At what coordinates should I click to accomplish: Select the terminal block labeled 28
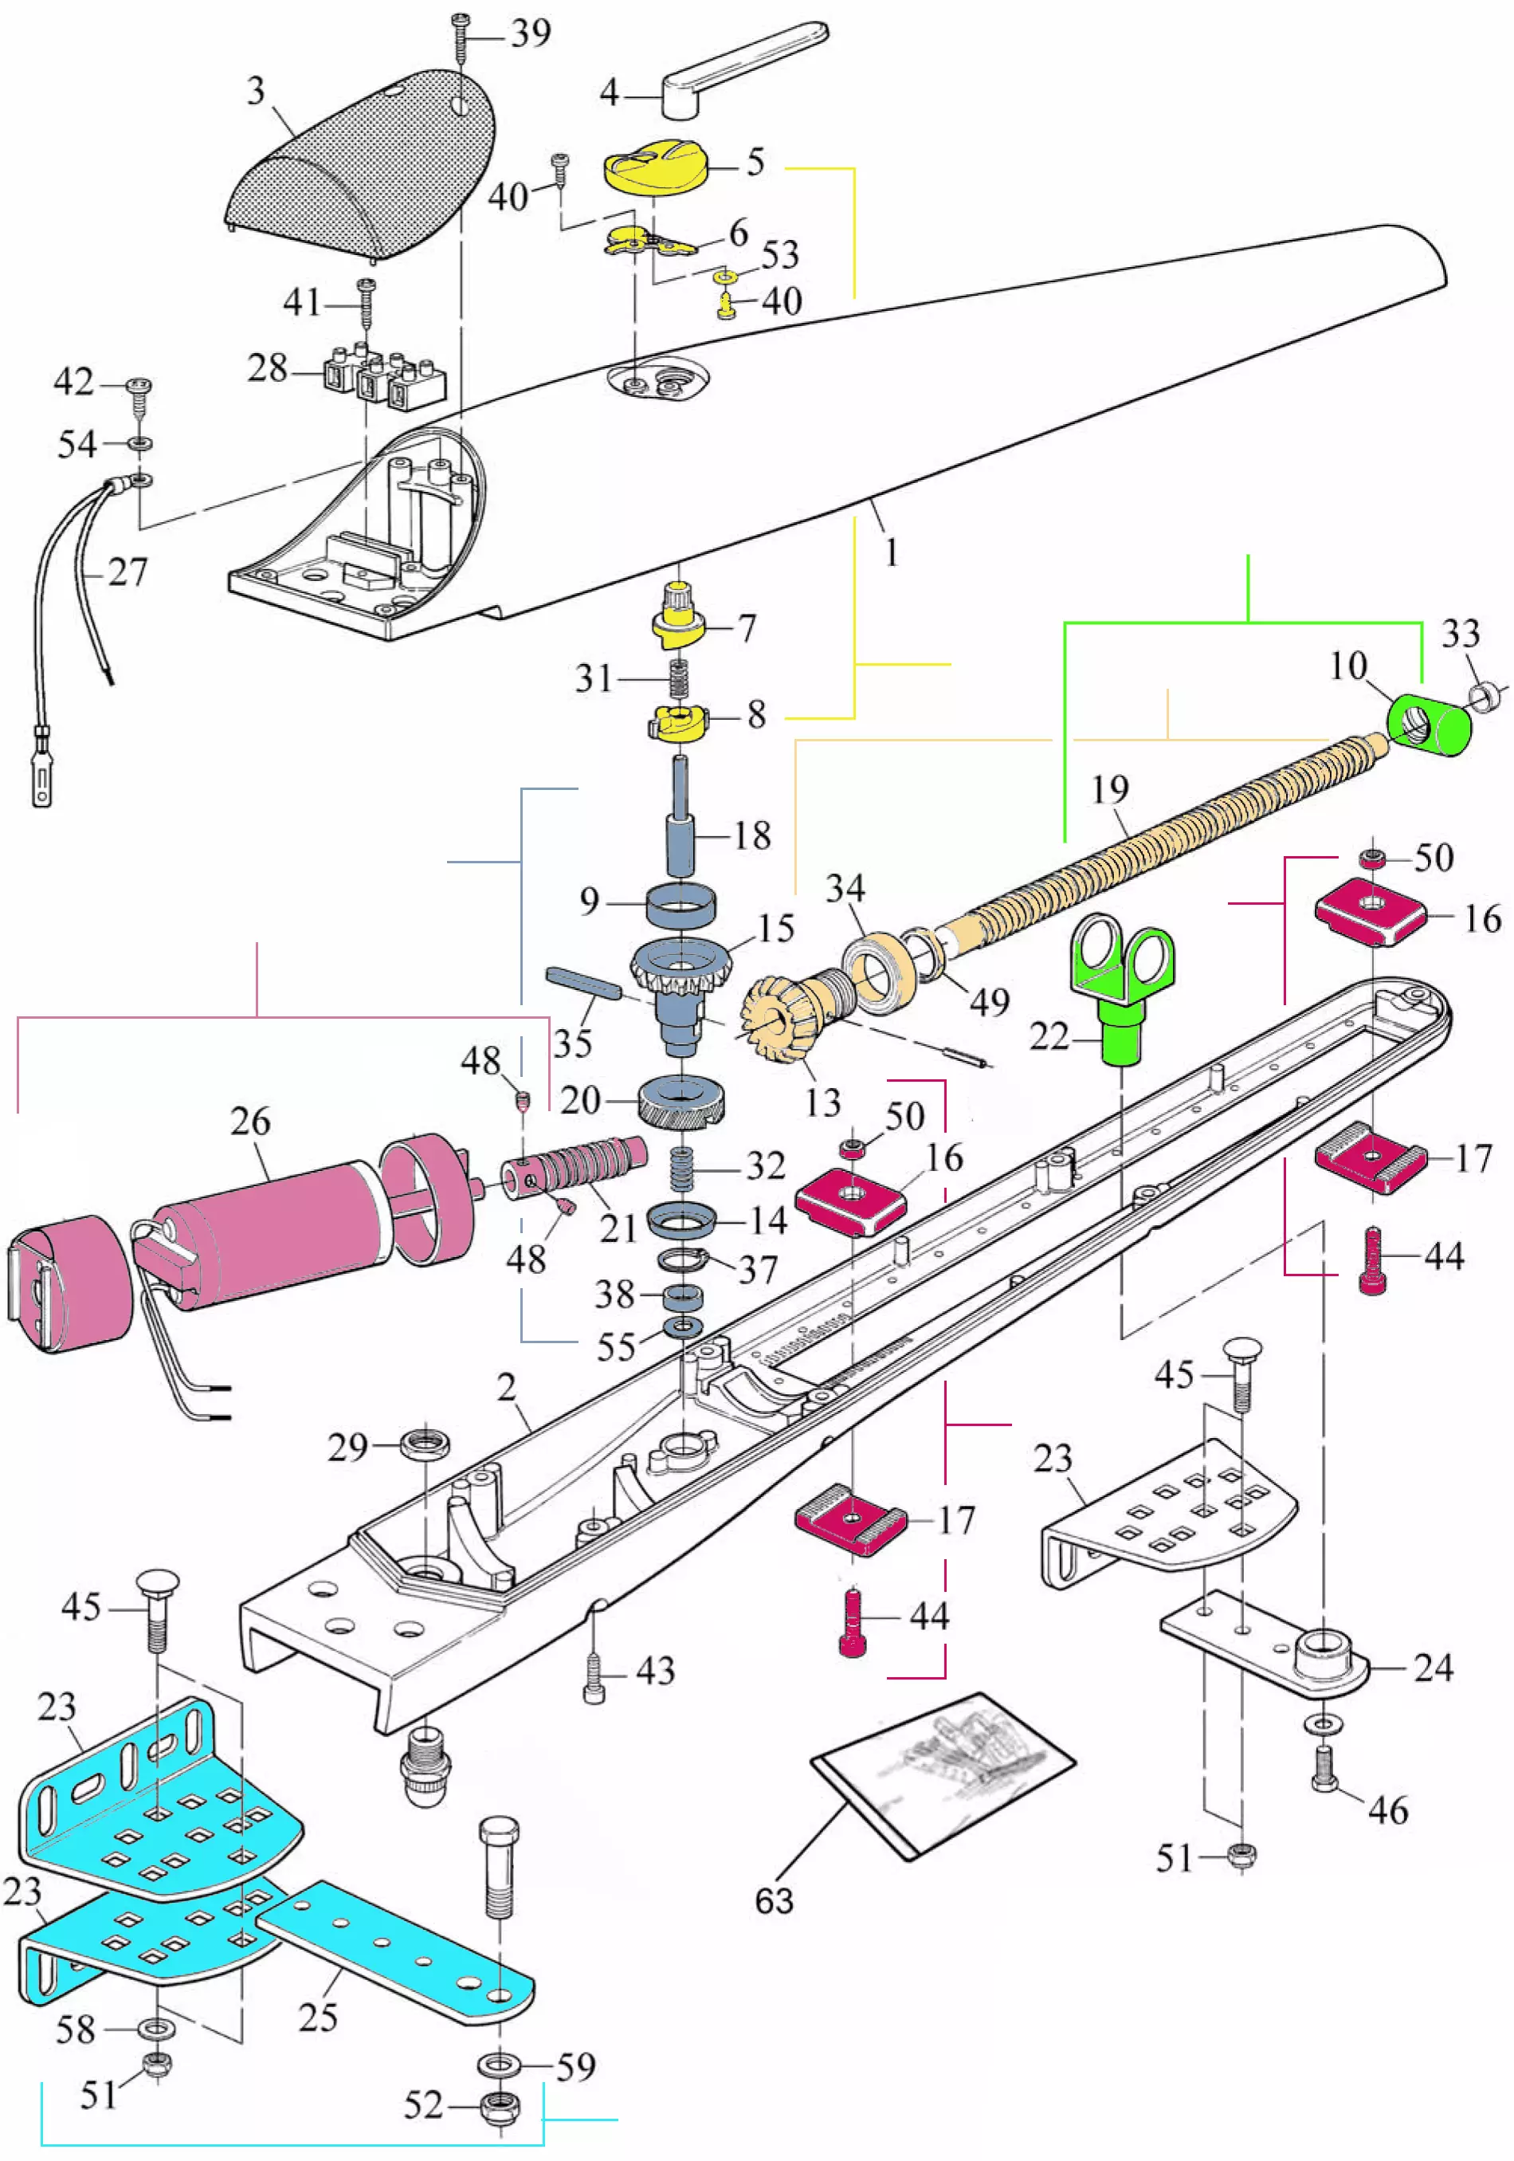(386, 376)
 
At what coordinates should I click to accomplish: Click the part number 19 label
(1110, 788)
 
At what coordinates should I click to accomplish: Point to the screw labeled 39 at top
(461, 37)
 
